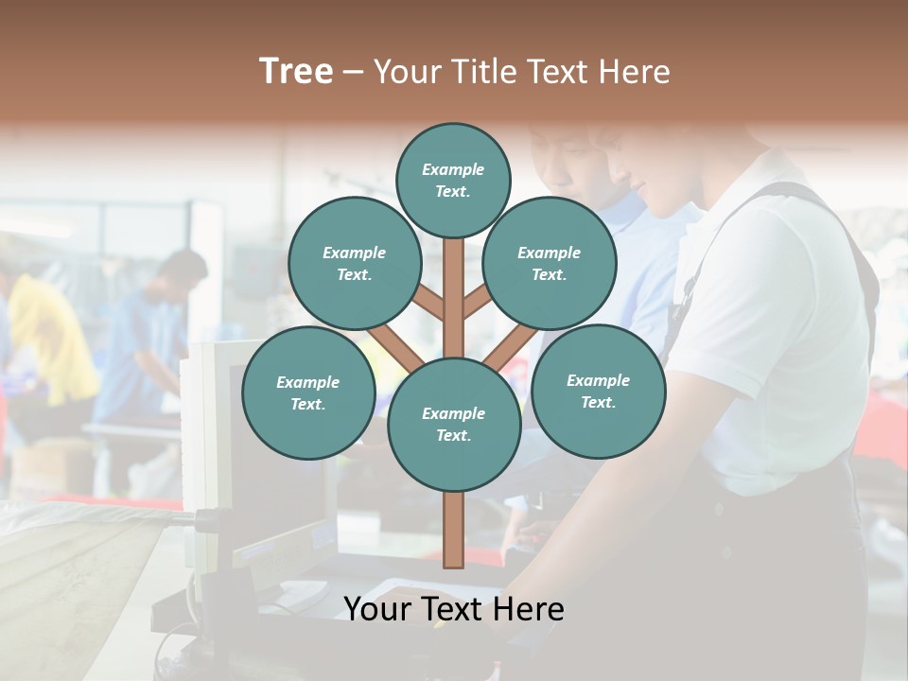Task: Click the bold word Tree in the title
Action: coord(296,72)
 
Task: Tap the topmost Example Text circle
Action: coord(453,180)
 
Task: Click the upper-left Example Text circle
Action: coord(355,264)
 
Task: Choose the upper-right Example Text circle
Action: coord(550,264)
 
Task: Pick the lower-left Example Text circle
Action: coord(308,393)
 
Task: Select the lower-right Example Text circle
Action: coord(598,392)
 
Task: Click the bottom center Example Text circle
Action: coord(454,425)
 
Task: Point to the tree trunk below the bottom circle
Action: coord(454,530)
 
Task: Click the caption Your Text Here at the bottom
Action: coord(454,609)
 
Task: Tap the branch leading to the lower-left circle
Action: coord(395,348)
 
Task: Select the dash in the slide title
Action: coord(353,73)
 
